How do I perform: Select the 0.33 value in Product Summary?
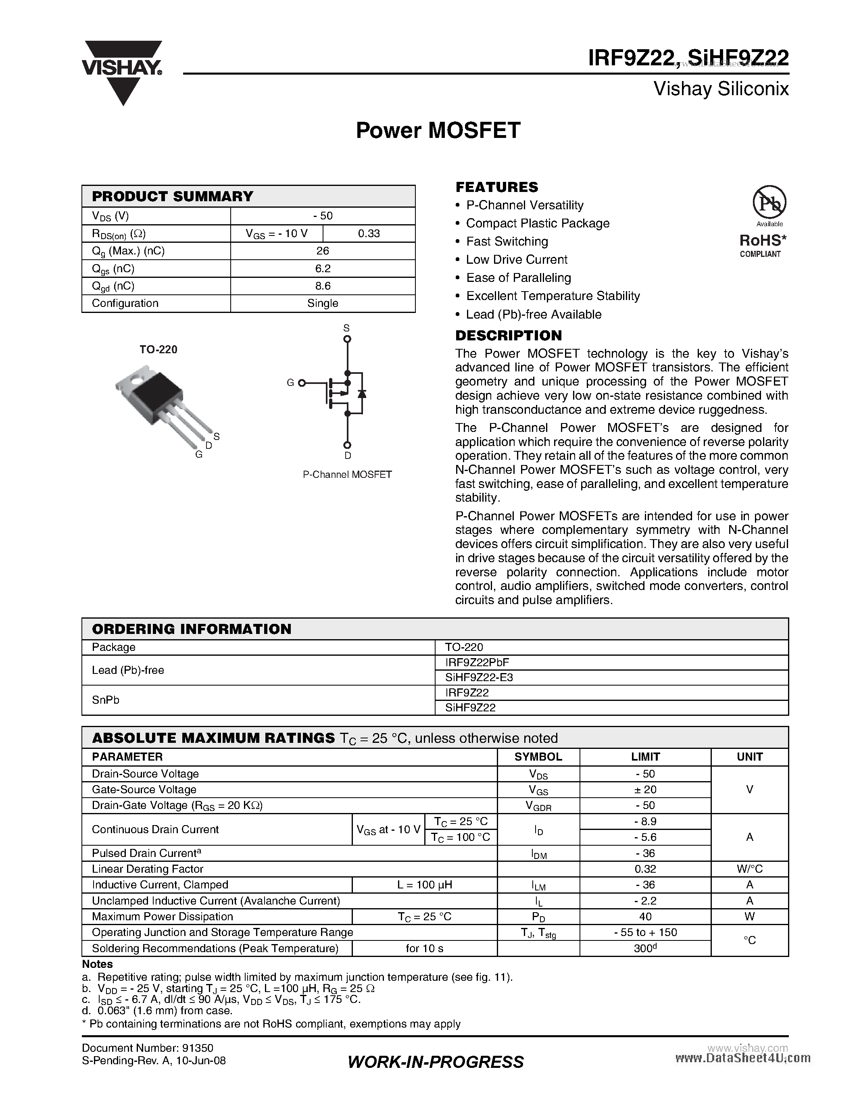tap(369, 233)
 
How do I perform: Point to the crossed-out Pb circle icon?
tap(769, 202)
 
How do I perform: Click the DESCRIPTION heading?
tap(508, 335)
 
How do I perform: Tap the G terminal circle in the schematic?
tap(302, 383)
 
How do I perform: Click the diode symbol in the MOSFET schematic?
tap(362, 394)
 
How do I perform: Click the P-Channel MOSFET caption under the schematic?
tap(347, 474)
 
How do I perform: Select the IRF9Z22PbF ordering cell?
tap(477, 662)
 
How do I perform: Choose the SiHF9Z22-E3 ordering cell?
tap(479, 677)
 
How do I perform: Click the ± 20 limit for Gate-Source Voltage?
tap(645, 790)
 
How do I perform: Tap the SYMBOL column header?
tap(538, 757)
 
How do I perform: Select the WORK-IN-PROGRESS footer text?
tap(436, 1062)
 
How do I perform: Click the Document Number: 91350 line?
tap(147, 1048)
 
